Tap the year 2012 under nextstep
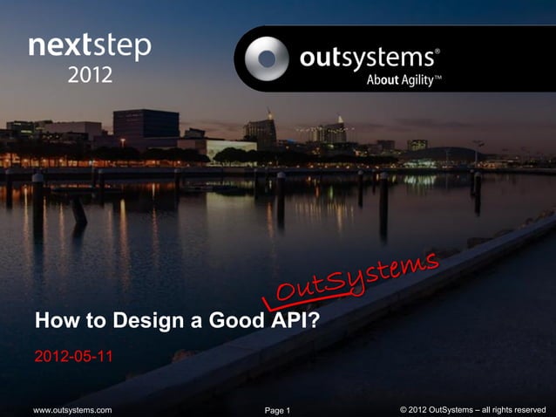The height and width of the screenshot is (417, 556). pos(90,76)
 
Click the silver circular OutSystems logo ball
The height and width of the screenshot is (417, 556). pos(265,58)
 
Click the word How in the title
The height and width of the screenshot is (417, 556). pos(55,323)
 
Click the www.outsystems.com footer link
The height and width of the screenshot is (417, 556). pos(71,409)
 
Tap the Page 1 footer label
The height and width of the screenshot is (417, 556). pos(276,410)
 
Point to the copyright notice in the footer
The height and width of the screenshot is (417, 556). pos(472,409)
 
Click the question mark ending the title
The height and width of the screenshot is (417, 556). pos(315,323)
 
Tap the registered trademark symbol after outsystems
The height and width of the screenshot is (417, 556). pos(437,51)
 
